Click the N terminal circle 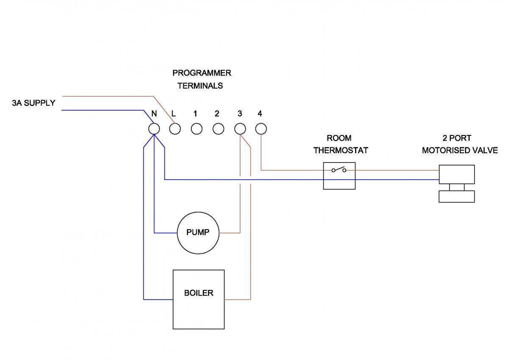(154, 129)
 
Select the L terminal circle (175, 129)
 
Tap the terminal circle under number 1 (197, 129)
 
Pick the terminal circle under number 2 (218, 129)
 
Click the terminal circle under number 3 (240, 129)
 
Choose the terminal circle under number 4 (261, 129)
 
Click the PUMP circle (199, 233)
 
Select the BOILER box (199, 299)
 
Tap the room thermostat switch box (339, 175)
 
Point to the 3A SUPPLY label (34, 103)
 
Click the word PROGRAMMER (201, 73)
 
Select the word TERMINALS (200, 86)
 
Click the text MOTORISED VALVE (460, 150)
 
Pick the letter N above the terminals (154, 114)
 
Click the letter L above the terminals (173, 114)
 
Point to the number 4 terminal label (260, 114)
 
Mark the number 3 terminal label (240, 114)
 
